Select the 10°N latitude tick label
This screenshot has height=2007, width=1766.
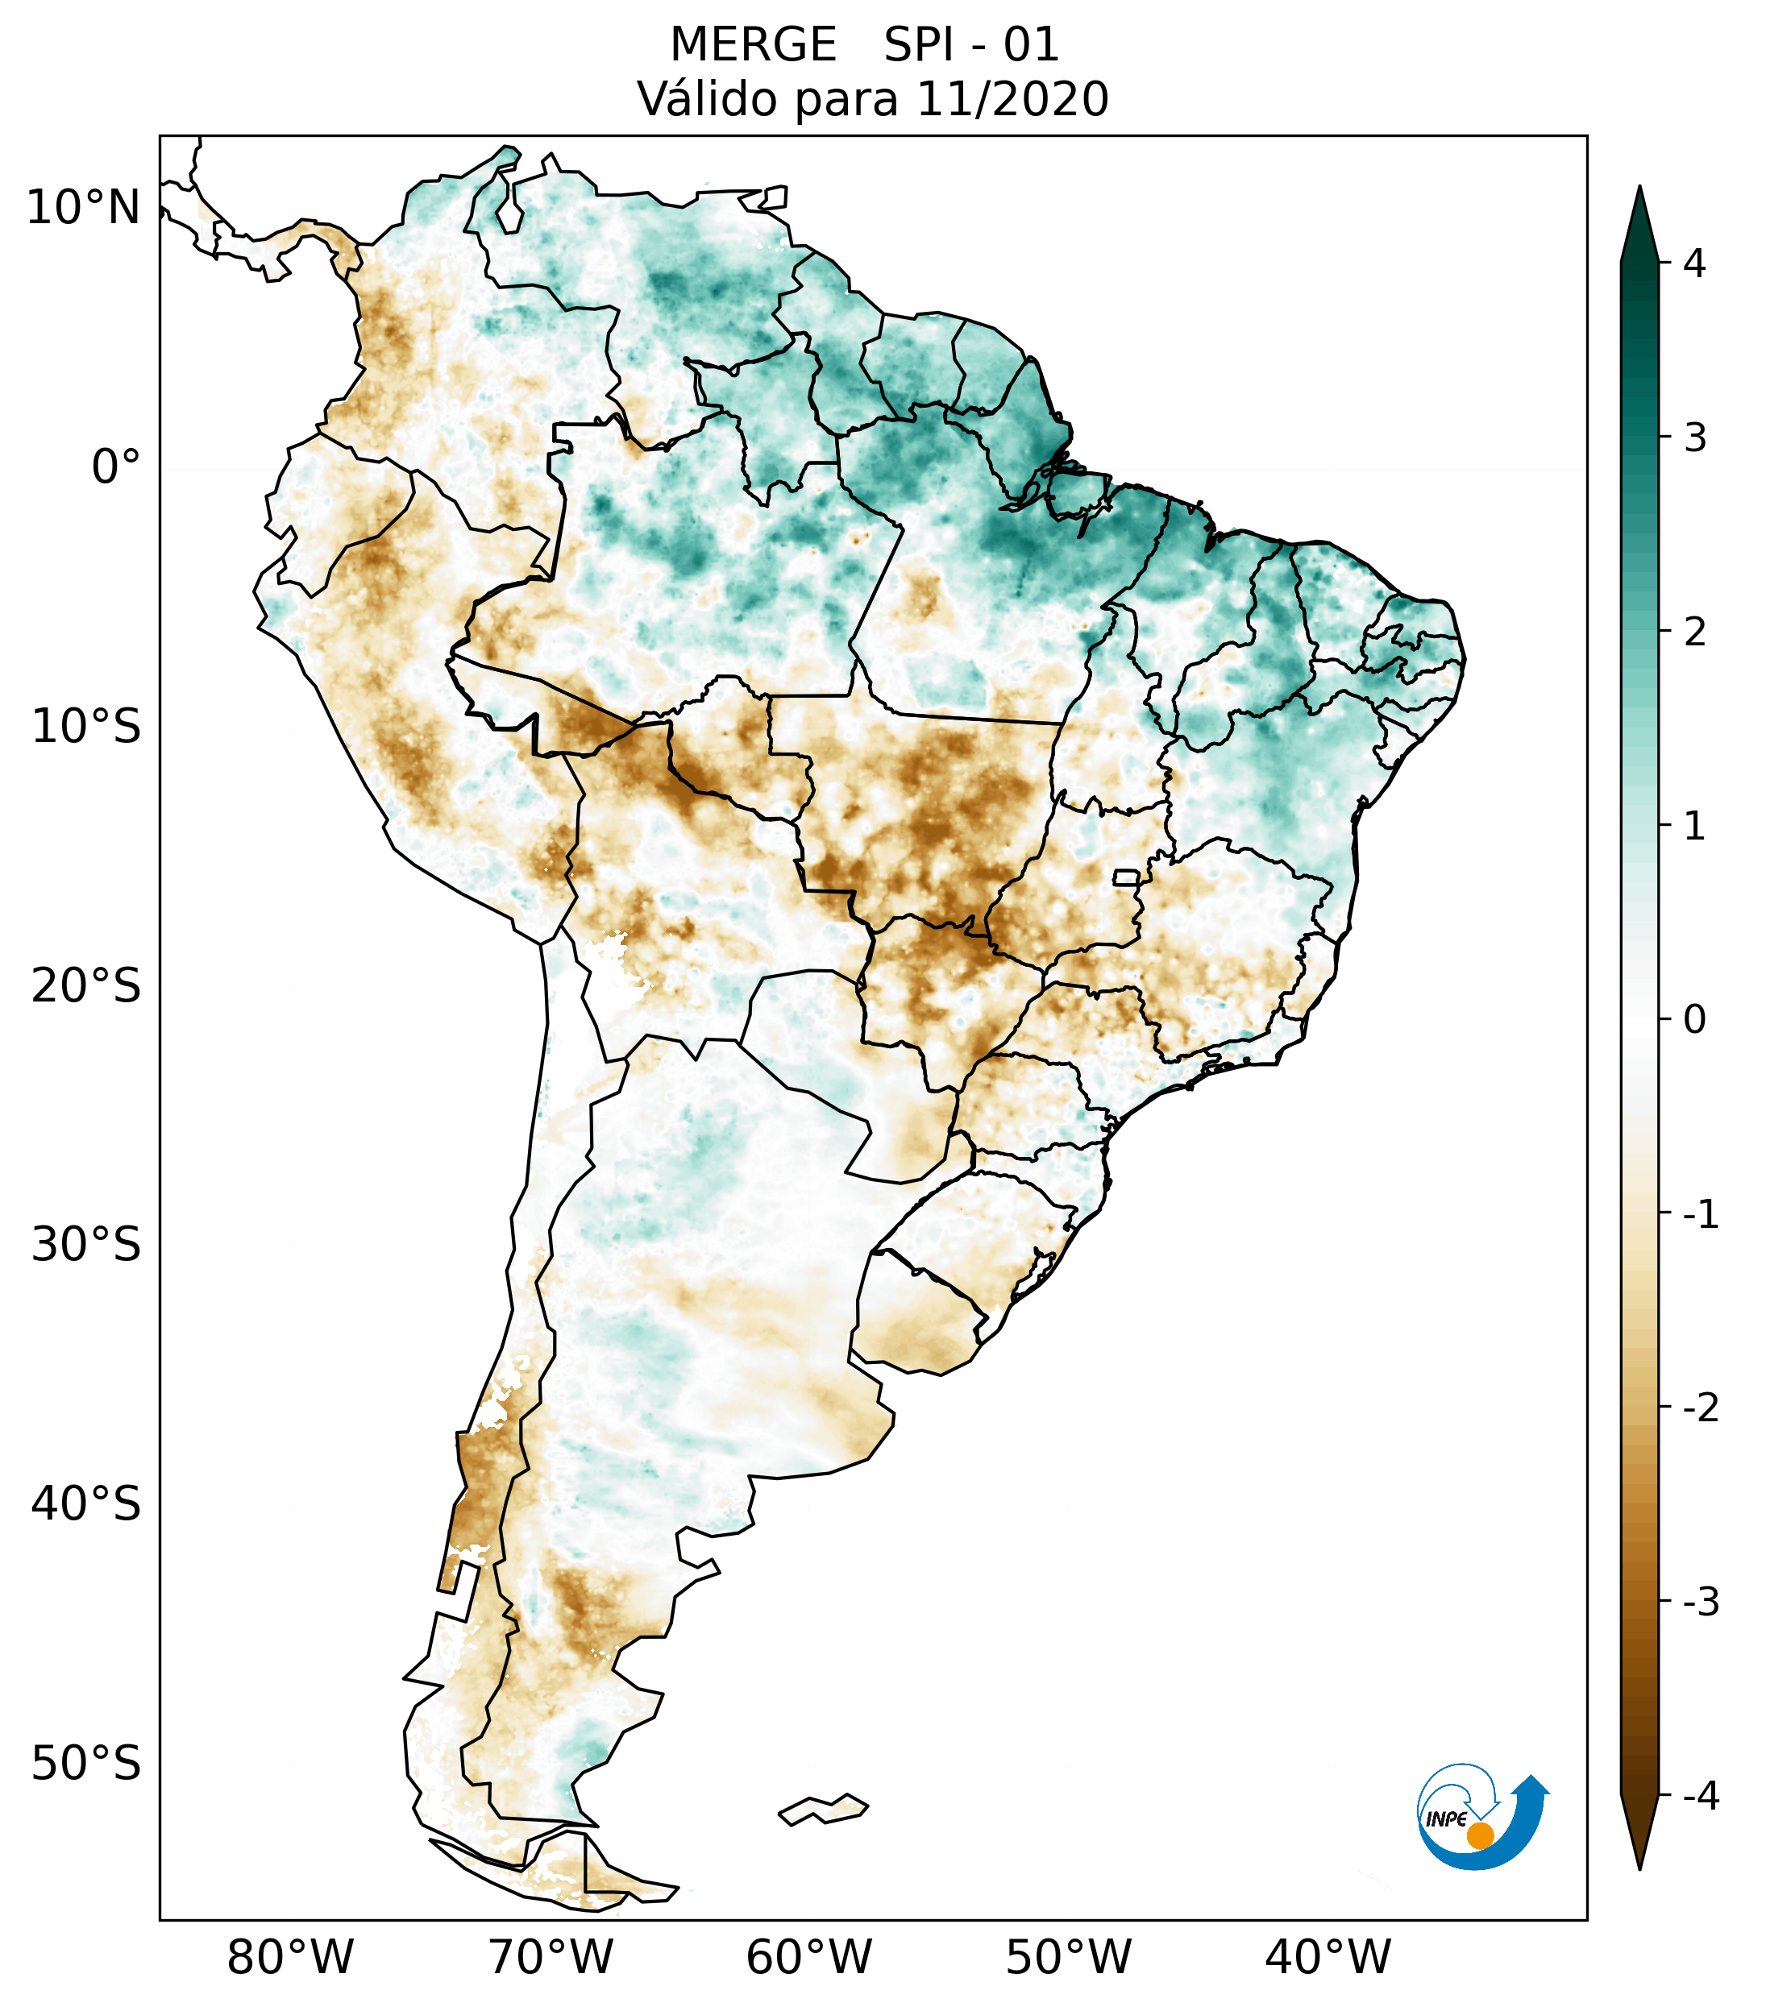pyautogui.click(x=84, y=208)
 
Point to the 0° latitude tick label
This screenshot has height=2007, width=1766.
pyautogui.click(x=116, y=467)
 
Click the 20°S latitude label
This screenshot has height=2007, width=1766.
pyautogui.click(x=86, y=986)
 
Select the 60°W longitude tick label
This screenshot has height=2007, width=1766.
pyautogui.click(x=808, y=1957)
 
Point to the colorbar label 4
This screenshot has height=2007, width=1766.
pyautogui.click(x=1694, y=263)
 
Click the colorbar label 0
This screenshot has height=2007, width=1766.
pyautogui.click(x=1694, y=1020)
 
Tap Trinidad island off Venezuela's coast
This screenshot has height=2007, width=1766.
pyautogui.click(x=775, y=197)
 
